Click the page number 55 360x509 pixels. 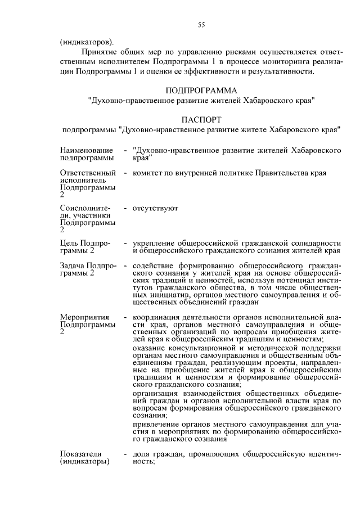(x=202, y=24)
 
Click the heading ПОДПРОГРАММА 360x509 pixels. (x=202, y=90)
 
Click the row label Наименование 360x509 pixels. (x=86, y=151)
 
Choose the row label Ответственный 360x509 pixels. (x=88, y=173)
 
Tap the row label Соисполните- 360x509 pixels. (x=86, y=209)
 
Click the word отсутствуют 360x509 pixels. (x=155, y=209)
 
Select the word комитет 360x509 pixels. (x=147, y=173)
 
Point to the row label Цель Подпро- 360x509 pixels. (x=85, y=243)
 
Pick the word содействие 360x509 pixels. (x=155, y=265)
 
